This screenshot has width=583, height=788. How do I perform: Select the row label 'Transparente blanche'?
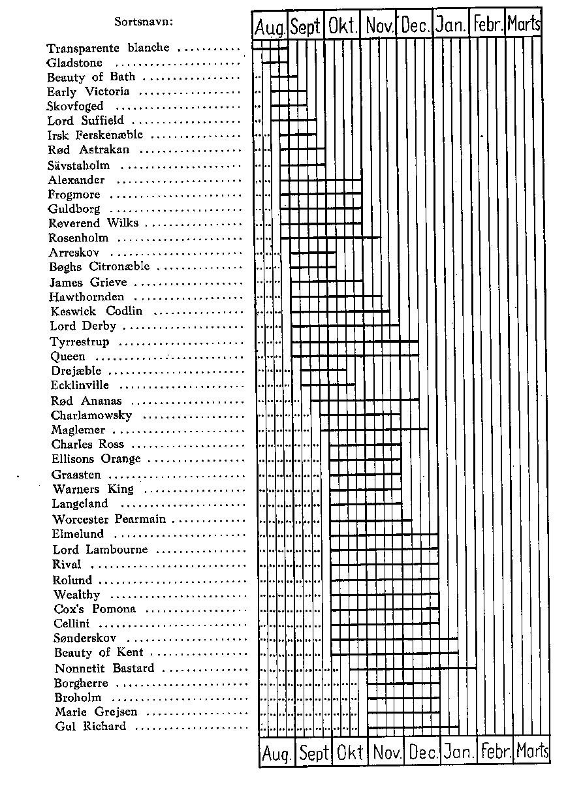coord(108,48)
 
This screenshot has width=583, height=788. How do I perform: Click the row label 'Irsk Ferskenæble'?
coord(95,135)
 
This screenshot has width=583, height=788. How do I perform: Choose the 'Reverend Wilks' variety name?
coord(93,223)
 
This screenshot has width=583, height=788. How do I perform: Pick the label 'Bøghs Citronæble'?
coord(99,267)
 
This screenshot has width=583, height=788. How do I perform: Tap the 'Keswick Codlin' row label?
coord(96,311)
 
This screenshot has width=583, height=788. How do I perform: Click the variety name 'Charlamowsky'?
coord(91,415)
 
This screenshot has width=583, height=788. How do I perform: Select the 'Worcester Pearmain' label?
coord(109,520)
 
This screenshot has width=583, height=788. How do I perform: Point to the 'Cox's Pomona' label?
coord(95,609)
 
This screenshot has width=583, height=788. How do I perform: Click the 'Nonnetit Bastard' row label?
coord(104,669)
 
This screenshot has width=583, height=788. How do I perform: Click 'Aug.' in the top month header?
coord(270,27)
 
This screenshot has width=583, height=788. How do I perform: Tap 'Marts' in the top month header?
coord(524,25)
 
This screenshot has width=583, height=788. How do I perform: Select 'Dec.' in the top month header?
coord(415,26)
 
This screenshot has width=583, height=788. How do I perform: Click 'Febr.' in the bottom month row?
coord(496,752)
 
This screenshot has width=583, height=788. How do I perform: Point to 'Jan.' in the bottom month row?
coord(459,753)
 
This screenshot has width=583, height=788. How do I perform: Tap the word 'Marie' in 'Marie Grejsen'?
coord(69,712)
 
